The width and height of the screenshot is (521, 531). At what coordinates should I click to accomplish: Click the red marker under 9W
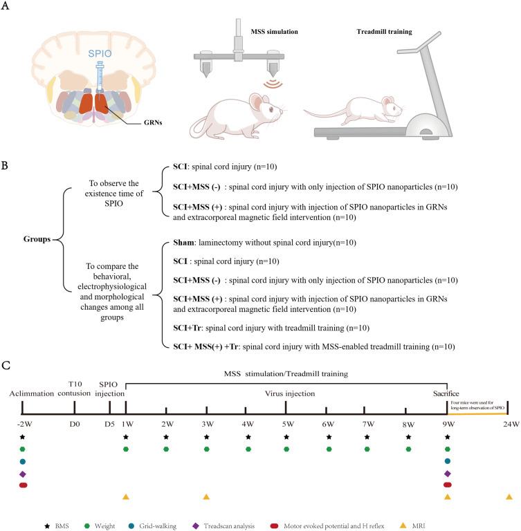coord(448,485)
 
